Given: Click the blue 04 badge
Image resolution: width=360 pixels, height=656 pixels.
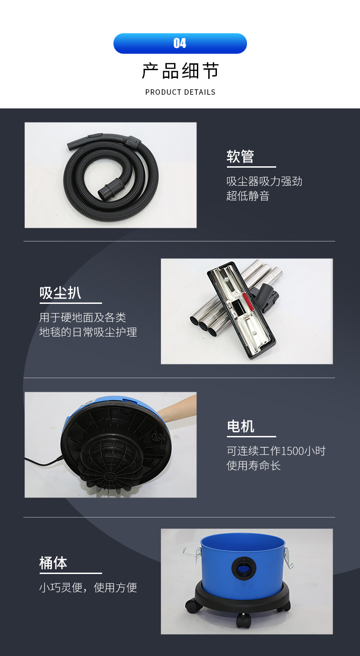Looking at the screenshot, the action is click(180, 43).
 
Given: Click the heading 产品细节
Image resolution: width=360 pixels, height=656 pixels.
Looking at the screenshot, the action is click(180, 71).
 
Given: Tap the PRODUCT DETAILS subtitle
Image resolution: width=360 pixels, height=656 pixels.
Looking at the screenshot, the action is click(180, 92).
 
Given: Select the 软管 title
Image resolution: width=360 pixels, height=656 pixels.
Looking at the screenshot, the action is click(240, 156).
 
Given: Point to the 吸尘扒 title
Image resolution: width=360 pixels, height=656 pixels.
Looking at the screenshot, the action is click(60, 292).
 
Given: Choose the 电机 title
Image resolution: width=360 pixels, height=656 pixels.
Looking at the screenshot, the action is click(241, 426).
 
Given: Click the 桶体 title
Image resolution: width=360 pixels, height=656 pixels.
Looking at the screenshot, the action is click(53, 563).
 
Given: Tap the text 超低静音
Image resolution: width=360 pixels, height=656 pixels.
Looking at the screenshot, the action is click(248, 196).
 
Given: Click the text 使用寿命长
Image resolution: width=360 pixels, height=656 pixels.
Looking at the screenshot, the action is click(253, 466).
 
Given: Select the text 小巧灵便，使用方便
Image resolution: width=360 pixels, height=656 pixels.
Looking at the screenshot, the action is click(88, 587).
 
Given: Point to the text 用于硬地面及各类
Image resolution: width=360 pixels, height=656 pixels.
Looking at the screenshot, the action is click(82, 318).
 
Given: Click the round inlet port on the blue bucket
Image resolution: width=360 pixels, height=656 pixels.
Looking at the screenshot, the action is click(244, 568).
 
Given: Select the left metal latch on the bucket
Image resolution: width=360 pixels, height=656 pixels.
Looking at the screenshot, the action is click(192, 555).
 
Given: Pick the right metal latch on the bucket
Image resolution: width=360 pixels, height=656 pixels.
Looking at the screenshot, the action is click(288, 558).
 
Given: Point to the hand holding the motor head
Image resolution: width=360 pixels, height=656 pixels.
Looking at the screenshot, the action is click(178, 406).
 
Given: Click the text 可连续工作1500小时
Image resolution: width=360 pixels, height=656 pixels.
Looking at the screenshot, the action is click(276, 451).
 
